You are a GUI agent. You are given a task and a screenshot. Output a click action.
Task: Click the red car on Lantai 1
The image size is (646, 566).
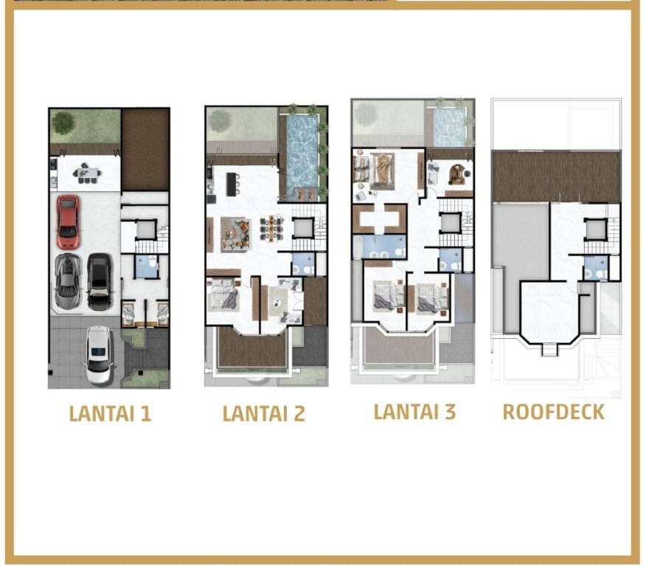tap(68, 222)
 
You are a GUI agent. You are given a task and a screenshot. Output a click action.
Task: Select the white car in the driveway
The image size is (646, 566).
tap(99, 355)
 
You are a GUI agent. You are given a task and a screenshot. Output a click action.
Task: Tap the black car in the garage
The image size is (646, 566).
tap(100, 282)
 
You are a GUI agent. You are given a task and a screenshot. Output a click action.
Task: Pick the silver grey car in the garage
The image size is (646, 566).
tap(68, 282)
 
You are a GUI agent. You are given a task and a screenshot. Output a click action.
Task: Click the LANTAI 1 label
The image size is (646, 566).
tap(110, 413)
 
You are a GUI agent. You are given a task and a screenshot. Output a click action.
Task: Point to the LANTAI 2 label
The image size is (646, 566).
tap(264, 413)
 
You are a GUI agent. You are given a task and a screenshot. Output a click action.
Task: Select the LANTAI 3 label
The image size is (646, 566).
tap(414, 412)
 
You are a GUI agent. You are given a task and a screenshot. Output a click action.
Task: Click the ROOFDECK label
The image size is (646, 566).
tap(553, 412)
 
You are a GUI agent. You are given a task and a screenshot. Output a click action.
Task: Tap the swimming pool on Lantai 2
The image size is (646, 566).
tap(302, 153)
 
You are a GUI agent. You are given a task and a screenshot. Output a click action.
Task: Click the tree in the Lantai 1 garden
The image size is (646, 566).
tap(63, 122)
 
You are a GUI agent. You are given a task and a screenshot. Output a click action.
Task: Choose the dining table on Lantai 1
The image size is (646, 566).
tap(87, 173)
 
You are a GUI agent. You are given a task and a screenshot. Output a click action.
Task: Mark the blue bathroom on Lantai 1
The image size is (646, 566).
tap(146, 266)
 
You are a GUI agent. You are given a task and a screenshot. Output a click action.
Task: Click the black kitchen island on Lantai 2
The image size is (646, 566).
tap(232, 184)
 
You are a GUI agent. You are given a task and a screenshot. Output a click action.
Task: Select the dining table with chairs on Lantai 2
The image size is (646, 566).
tap(272, 228)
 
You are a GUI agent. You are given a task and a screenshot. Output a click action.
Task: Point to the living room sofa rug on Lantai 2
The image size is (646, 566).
tap(236, 234)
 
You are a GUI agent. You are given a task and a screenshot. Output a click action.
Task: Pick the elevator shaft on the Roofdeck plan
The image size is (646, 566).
tap(595, 229)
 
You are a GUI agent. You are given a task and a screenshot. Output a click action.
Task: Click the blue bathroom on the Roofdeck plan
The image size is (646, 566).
tap(596, 268)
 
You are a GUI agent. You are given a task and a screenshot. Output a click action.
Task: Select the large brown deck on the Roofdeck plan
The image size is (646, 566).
tap(556, 176)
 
